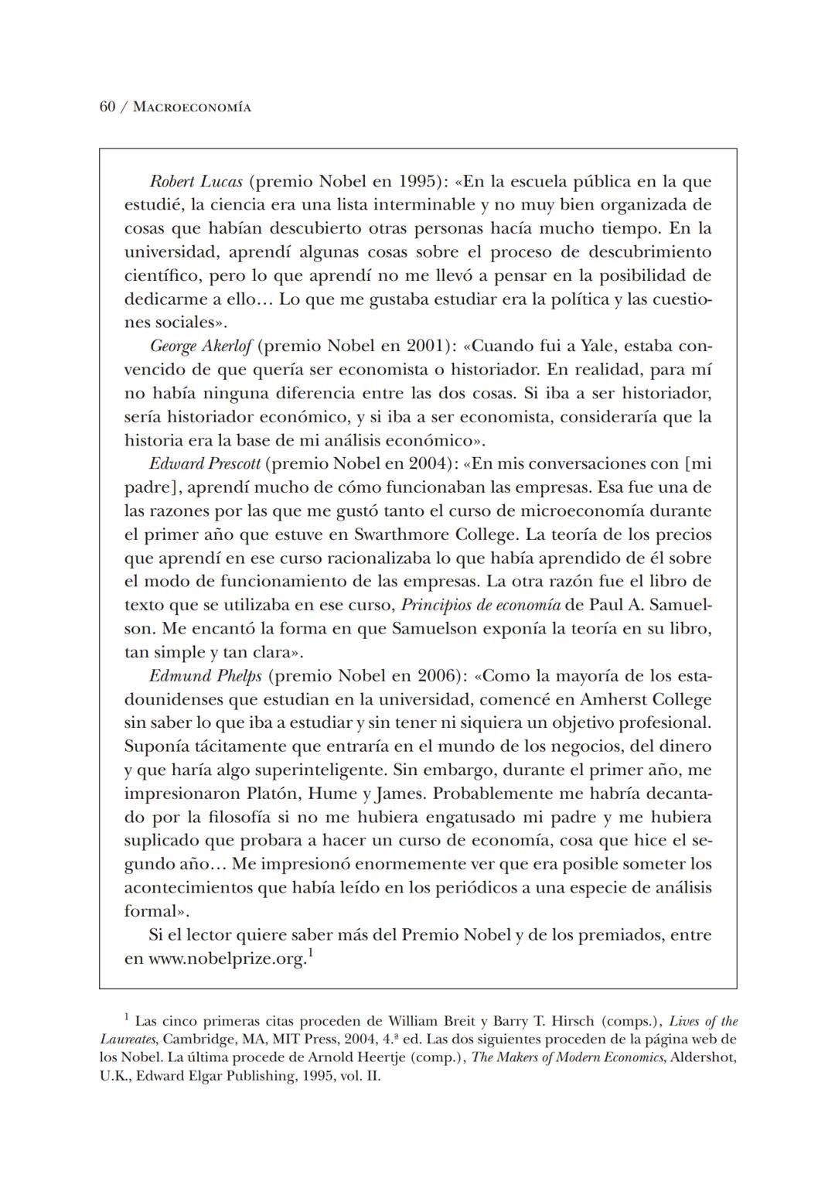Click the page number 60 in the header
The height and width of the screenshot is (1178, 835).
(x=107, y=107)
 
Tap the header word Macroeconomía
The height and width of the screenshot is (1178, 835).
(x=192, y=108)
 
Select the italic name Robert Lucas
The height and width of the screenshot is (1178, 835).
(x=196, y=182)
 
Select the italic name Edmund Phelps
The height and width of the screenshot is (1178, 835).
(x=206, y=675)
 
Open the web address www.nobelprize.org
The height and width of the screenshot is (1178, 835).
(x=227, y=959)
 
